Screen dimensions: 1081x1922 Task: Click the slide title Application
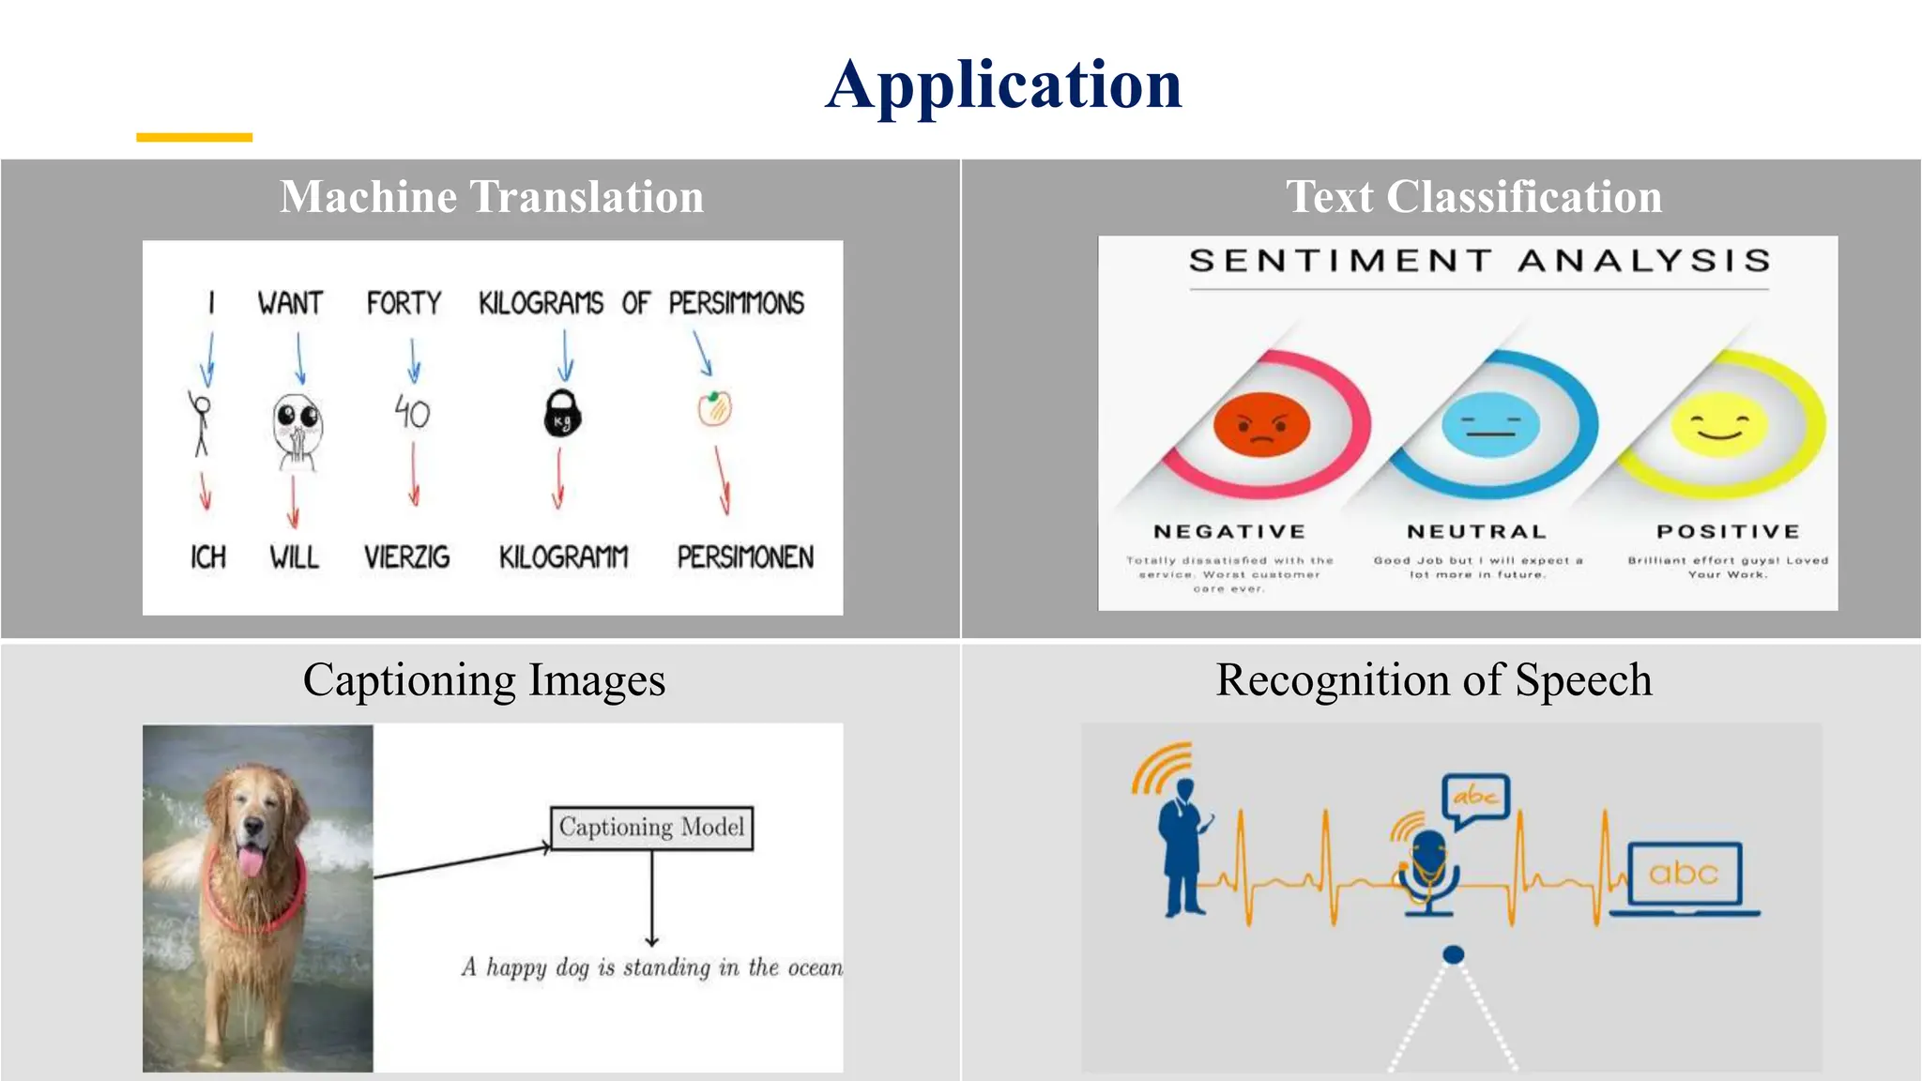click(x=1003, y=85)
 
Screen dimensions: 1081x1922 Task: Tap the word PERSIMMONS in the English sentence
click(x=736, y=303)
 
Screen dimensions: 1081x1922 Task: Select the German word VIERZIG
click(x=406, y=556)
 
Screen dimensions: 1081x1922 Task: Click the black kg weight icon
click(x=563, y=414)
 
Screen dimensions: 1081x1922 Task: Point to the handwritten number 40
click(x=412, y=412)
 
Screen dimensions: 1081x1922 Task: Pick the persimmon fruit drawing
click(x=714, y=408)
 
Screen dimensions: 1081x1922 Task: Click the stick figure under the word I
click(x=200, y=422)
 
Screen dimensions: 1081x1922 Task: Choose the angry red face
click(x=1261, y=425)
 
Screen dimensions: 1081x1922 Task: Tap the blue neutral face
click(x=1490, y=425)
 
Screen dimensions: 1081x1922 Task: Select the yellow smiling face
click(x=1719, y=425)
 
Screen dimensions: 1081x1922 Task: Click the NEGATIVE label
click(x=1229, y=531)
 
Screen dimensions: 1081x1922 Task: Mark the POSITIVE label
click(x=1728, y=531)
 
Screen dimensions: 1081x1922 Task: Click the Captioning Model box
click(x=651, y=828)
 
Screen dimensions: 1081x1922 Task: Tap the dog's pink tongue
click(x=251, y=860)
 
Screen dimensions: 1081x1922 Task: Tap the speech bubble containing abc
click(x=1475, y=799)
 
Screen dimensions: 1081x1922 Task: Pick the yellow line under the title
click(x=194, y=137)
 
